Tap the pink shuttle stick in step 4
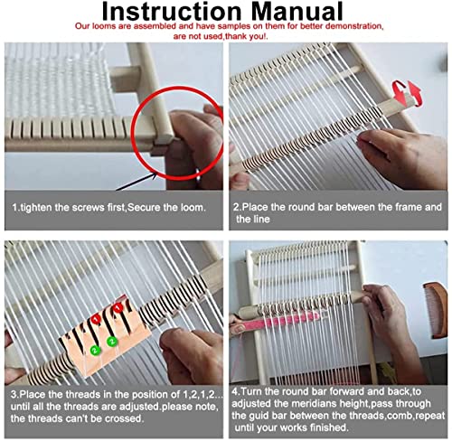pyautogui.click(x=298, y=320)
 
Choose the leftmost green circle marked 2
pyautogui.click(x=93, y=349)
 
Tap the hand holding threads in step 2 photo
pyautogui.click(x=411, y=149)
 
